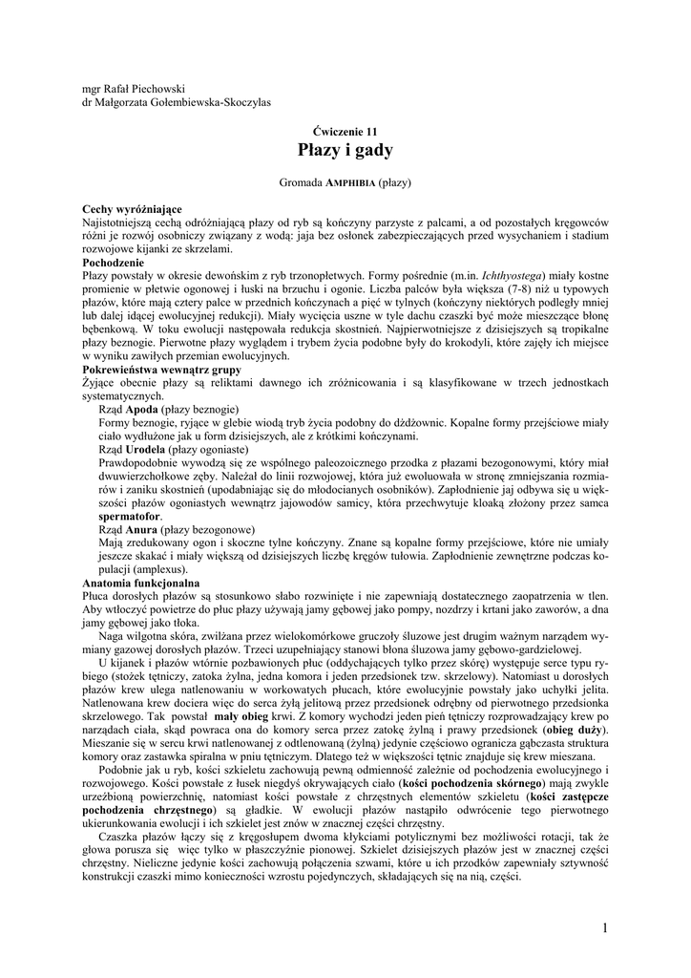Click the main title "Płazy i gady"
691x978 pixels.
click(x=345, y=150)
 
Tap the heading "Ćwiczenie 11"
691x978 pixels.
click(x=345, y=130)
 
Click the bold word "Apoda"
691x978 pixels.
click(x=140, y=409)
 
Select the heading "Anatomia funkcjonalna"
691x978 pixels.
click(x=141, y=582)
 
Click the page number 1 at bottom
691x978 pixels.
click(x=605, y=927)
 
